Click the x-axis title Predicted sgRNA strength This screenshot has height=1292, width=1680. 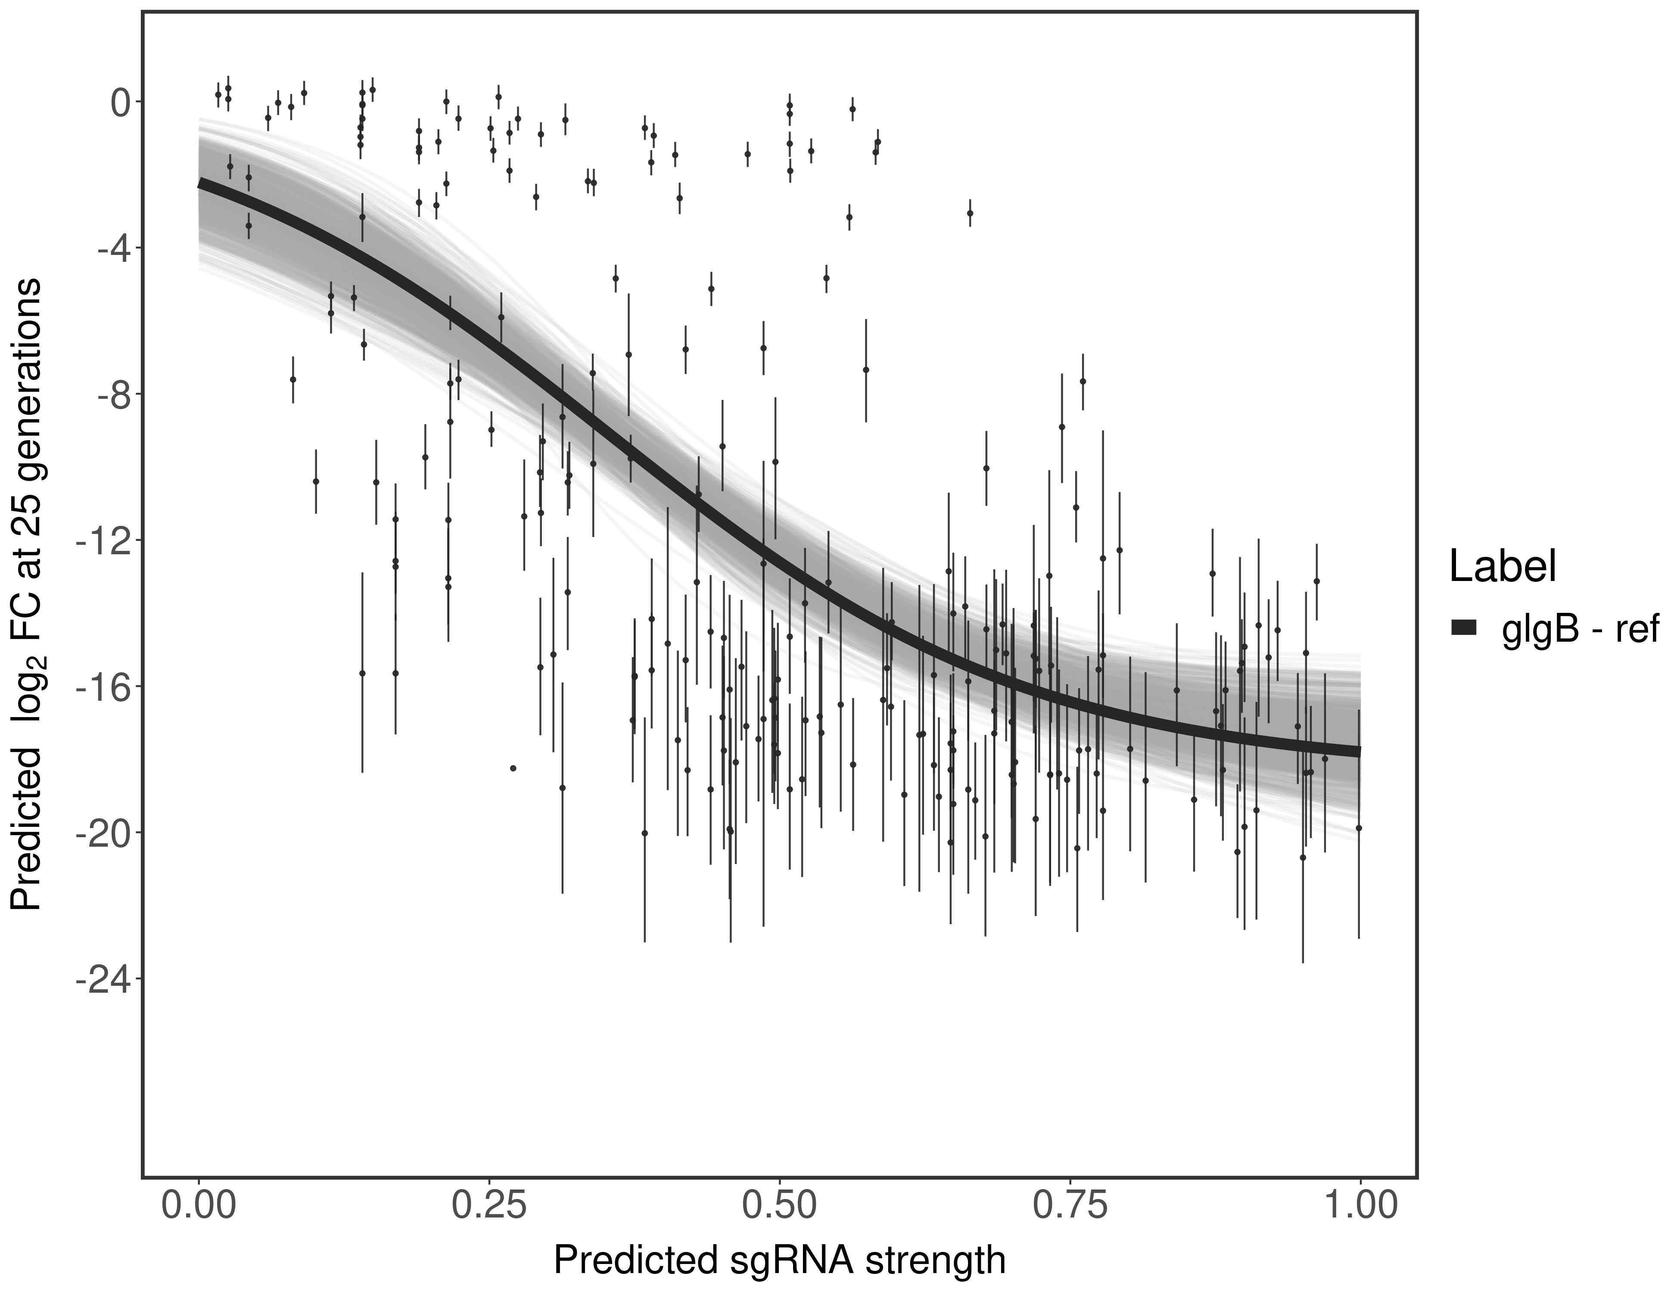(779, 1261)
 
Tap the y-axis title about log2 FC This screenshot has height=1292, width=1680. (28, 594)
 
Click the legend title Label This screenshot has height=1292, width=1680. (1503, 568)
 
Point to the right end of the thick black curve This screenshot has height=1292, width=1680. (1359, 751)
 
